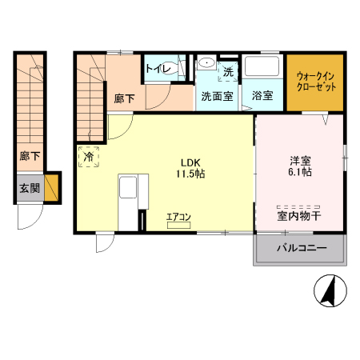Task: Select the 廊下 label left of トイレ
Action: [124, 98]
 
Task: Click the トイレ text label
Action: [158, 69]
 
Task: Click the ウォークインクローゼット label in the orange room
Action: [316, 82]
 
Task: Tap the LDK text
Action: [187, 158]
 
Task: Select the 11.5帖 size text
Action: [187, 171]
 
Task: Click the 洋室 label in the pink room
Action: [301, 158]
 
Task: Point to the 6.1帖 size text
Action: [301, 171]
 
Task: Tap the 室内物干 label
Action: [300, 215]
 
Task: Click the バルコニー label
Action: [302, 249]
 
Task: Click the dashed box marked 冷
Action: [88, 156]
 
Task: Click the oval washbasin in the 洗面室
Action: [206, 62]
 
